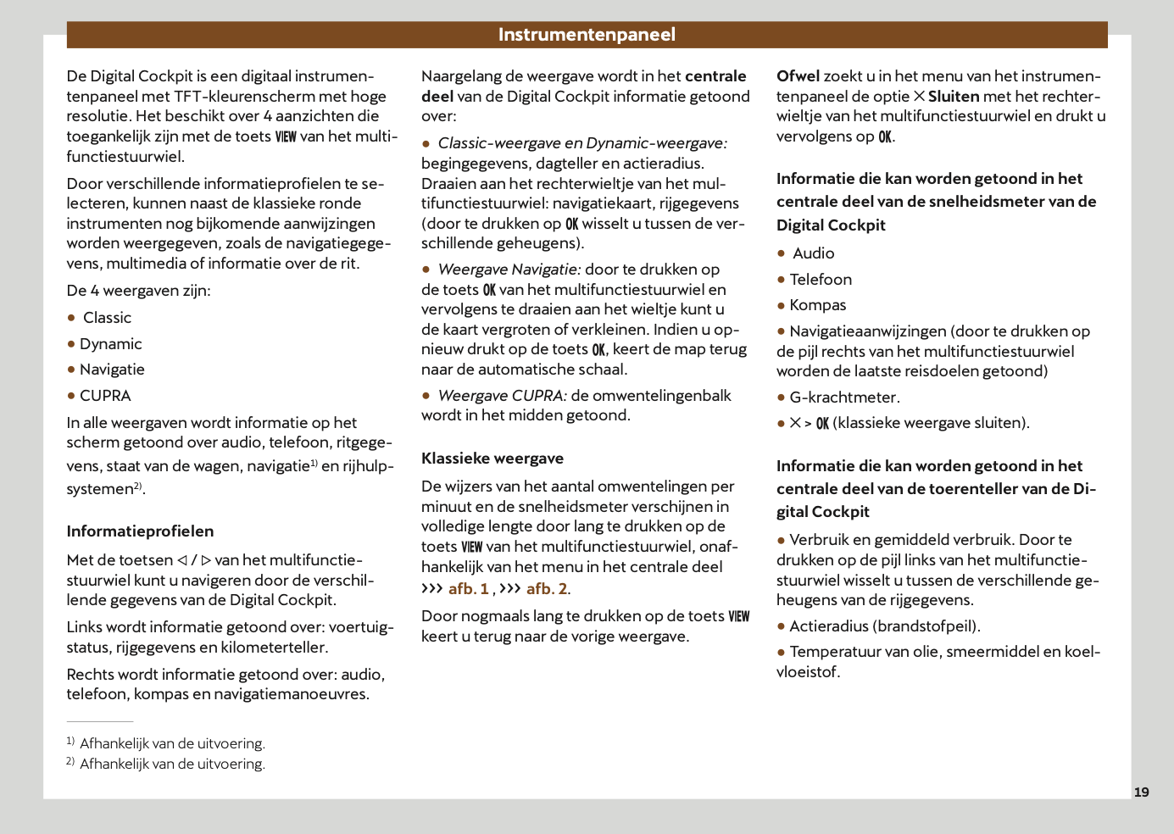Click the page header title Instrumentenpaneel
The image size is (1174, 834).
click(587, 35)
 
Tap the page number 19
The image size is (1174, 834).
click(1141, 792)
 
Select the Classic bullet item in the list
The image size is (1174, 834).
click(107, 318)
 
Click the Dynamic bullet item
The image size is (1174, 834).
click(110, 344)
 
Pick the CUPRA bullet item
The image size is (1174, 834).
click(105, 396)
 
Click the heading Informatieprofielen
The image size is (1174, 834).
click(140, 531)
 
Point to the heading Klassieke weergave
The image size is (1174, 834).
click(492, 459)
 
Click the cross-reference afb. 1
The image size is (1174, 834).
click(468, 589)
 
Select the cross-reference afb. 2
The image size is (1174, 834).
click(547, 589)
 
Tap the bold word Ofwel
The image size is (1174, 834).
click(798, 76)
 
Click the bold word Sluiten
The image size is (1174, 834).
click(954, 97)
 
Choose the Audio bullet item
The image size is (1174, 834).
click(814, 253)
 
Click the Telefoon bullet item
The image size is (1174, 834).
click(821, 280)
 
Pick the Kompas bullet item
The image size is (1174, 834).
click(818, 305)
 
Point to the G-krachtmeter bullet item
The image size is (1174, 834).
click(844, 398)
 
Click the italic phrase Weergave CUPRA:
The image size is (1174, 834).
click(503, 396)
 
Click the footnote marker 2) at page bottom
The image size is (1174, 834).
click(70, 762)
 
